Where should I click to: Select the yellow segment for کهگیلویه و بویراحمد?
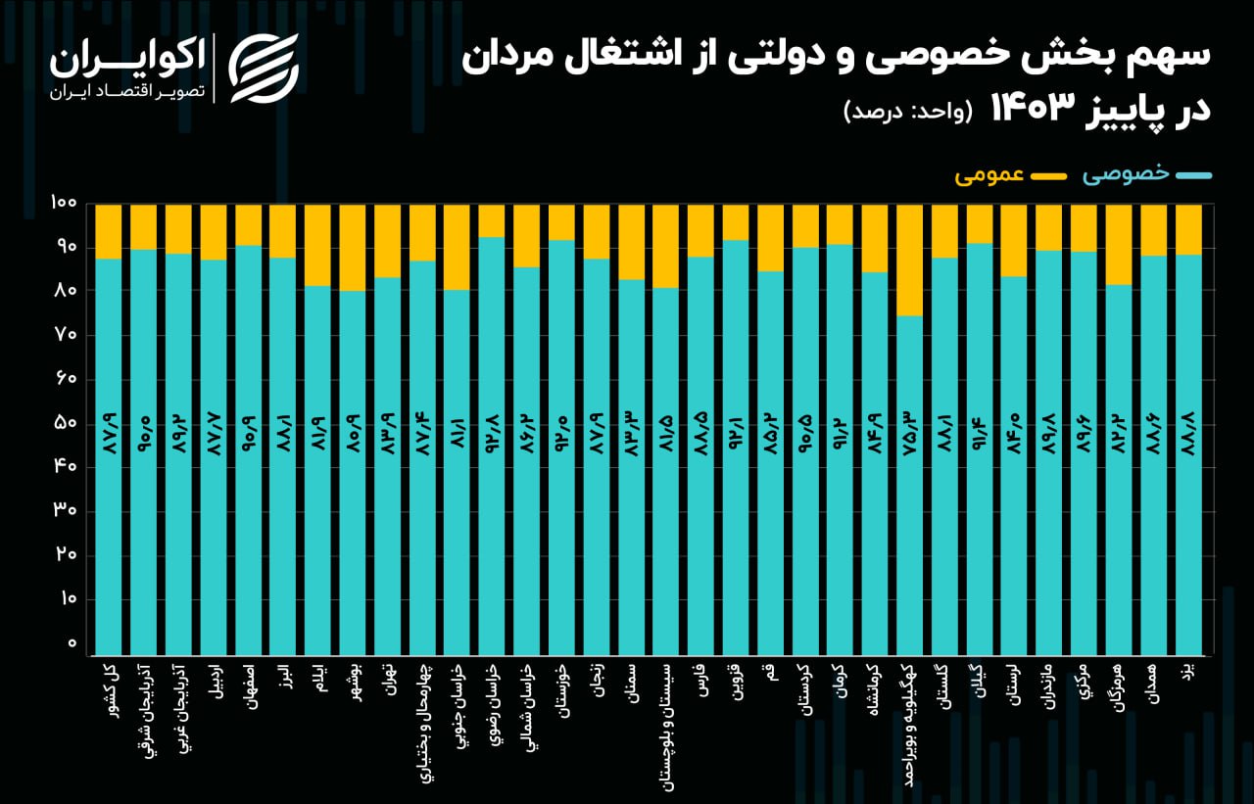pos(909,260)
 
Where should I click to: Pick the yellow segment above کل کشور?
pos(109,231)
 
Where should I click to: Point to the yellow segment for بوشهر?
pos(352,248)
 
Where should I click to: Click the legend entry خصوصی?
pos(1146,174)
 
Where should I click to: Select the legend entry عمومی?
pos(1010,174)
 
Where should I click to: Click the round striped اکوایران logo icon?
pos(264,67)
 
